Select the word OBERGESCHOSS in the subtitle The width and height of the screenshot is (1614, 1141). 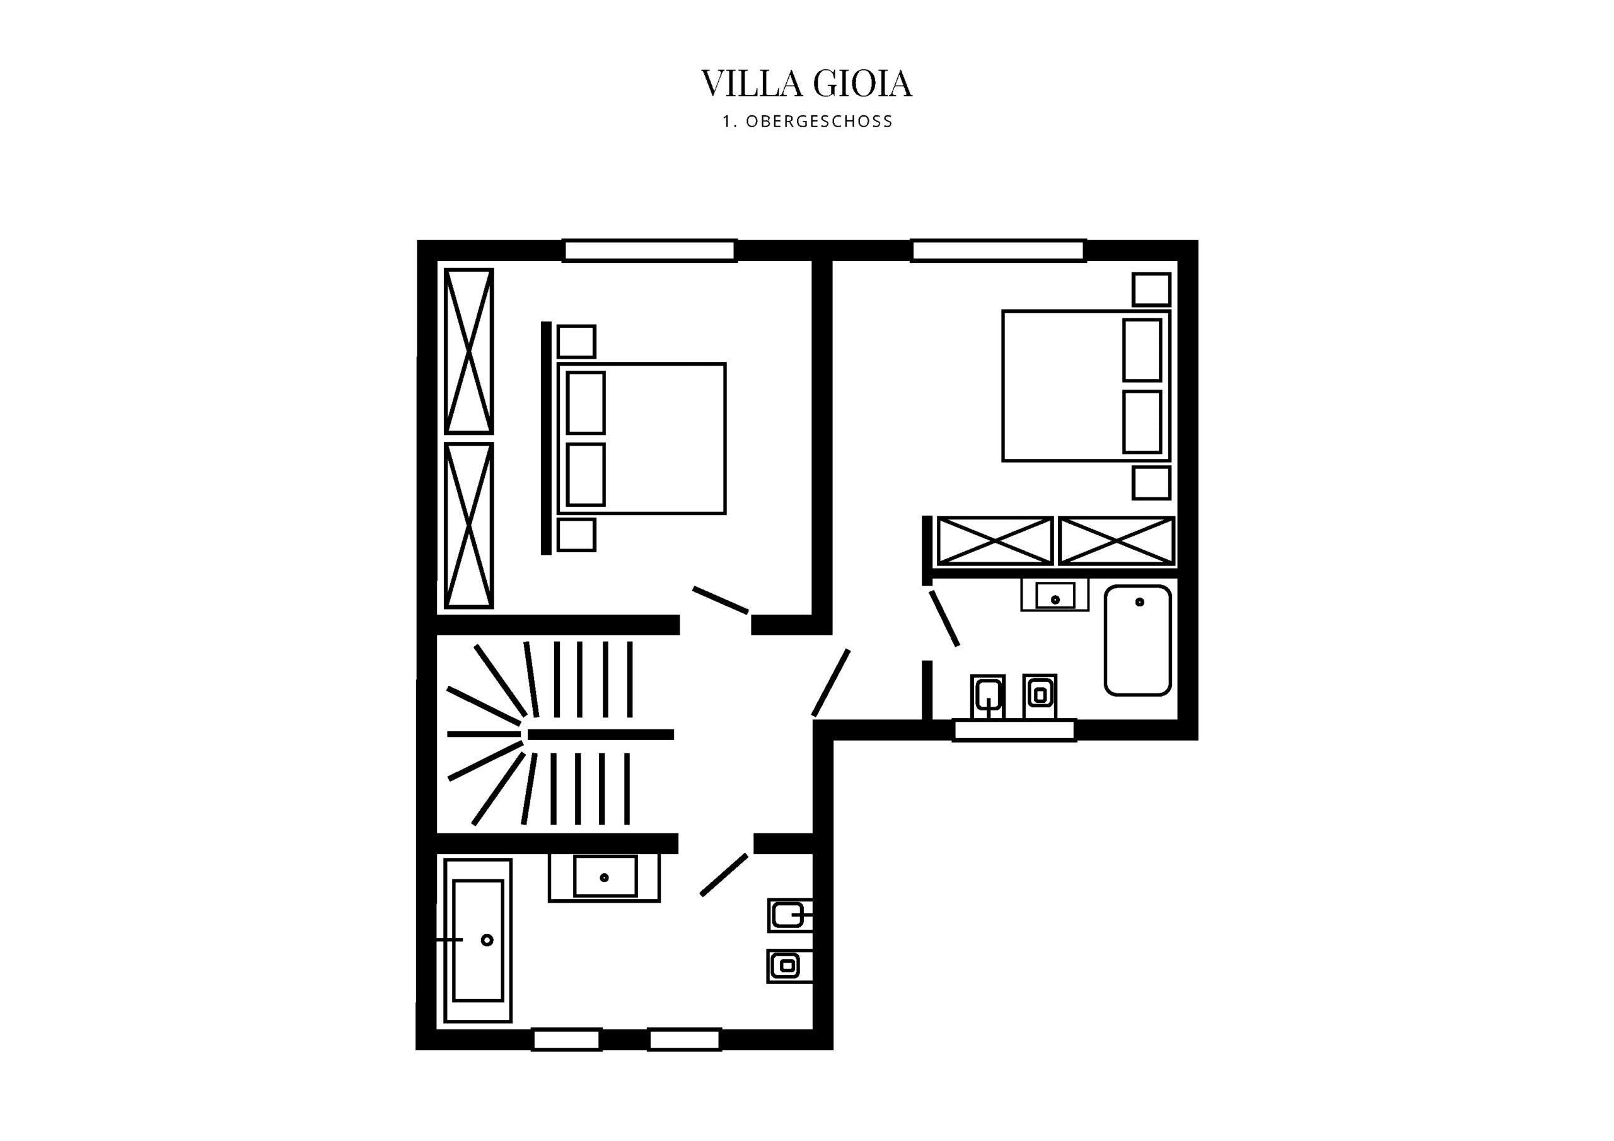pos(819,121)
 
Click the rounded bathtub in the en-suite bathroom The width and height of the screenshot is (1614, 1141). pos(1137,640)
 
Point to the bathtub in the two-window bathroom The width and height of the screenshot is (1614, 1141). pos(477,941)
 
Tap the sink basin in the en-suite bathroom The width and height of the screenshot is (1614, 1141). pos(1054,596)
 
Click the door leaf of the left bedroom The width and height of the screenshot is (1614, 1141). pos(721,599)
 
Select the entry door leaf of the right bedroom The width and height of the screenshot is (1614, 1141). pos(831,682)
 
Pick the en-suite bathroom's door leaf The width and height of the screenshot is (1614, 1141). pos(944,618)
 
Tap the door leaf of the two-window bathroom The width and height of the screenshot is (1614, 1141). pos(724,874)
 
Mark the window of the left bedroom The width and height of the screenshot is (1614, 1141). pos(649,251)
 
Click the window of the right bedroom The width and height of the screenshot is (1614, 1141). pos(998,251)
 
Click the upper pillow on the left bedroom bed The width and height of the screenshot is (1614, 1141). pos(586,402)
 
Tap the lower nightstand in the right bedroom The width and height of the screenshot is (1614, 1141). pos(1151,483)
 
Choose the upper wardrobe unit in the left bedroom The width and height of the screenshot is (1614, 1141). pos(469,350)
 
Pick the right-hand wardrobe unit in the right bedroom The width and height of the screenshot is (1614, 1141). pos(1117,541)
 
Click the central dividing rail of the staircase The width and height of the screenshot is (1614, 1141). pos(601,734)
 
